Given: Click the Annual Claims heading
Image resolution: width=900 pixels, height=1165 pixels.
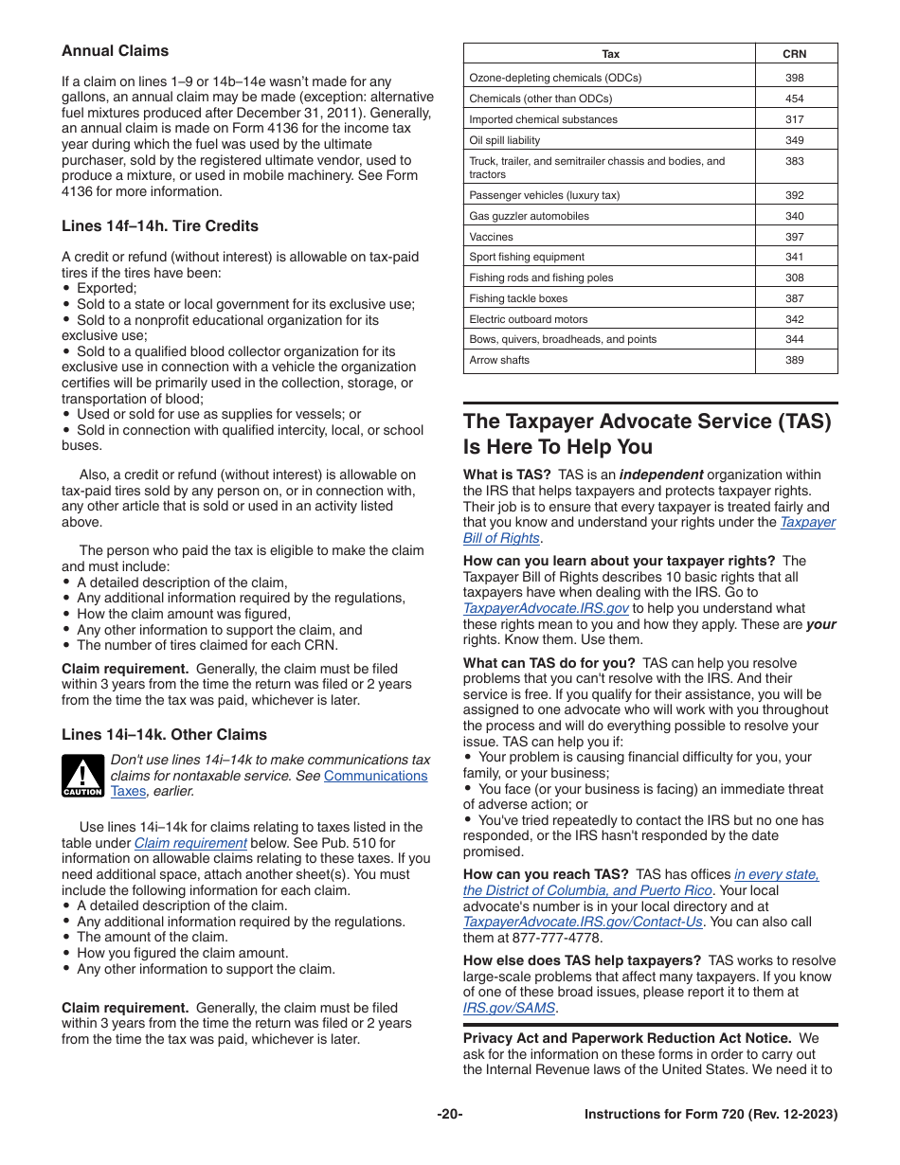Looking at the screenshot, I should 116,51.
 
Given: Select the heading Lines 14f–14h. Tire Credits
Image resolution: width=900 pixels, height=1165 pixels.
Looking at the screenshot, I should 160,225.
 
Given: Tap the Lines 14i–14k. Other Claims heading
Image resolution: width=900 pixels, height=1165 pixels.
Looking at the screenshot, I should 164,734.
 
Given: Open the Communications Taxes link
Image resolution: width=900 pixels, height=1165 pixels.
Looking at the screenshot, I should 375,776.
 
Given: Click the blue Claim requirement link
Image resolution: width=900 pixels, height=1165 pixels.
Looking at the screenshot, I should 190,843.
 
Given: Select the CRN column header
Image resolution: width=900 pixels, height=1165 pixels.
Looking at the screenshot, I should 795,54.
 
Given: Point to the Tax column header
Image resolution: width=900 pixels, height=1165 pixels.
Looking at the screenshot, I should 611,54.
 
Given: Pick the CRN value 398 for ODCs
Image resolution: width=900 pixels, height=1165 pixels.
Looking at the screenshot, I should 795,78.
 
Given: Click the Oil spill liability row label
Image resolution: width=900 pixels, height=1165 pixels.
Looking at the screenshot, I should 505,140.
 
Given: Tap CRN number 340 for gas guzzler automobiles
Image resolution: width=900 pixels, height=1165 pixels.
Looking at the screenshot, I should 795,216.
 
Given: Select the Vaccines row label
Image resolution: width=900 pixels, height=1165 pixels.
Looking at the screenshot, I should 491,237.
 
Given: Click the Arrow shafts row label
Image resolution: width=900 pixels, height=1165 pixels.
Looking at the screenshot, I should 499,360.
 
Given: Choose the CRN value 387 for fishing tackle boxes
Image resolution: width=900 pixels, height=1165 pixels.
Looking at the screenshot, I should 795,298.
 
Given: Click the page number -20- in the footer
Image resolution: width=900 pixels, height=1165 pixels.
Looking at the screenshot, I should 450,1115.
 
